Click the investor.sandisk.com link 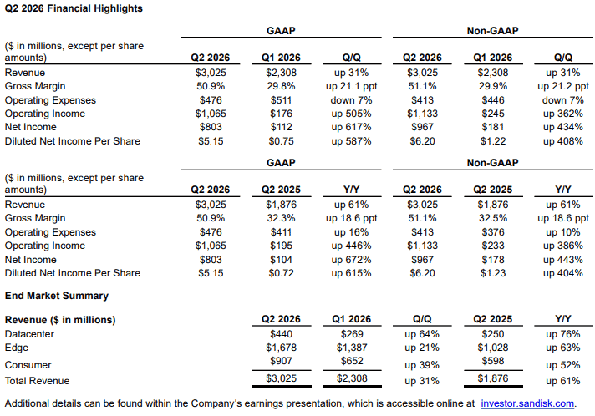click(x=527, y=403)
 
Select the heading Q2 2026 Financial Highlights click(x=74, y=8)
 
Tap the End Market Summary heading click(x=57, y=296)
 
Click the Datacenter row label click(x=29, y=334)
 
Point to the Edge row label click(x=17, y=348)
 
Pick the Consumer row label click(x=28, y=365)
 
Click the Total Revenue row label click(x=37, y=381)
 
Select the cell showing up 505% click(x=351, y=114)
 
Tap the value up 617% click(x=351, y=127)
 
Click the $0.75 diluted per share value click(x=281, y=141)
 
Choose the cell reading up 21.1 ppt click(x=351, y=87)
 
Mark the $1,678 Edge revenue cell click(x=281, y=348)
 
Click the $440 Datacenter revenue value click(x=281, y=334)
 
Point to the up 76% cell click(x=563, y=334)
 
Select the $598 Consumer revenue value click(x=493, y=361)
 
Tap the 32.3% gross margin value click(x=281, y=218)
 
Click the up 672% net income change click(x=351, y=260)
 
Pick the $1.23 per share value click(x=493, y=273)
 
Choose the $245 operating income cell click(x=493, y=114)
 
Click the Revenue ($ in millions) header click(x=60, y=320)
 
